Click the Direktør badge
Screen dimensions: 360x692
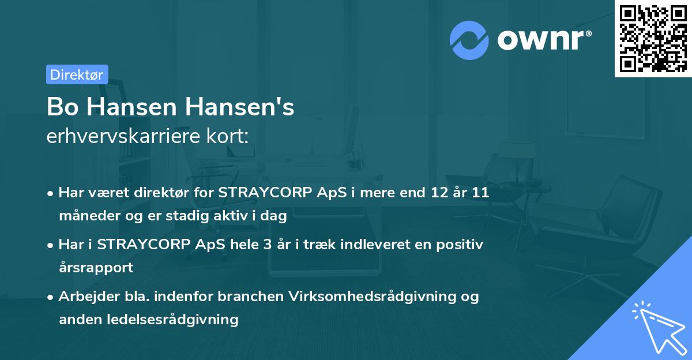pos(77,74)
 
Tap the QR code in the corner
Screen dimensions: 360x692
pos(652,38)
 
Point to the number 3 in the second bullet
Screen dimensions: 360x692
pos(268,244)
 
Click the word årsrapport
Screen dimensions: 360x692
pos(96,268)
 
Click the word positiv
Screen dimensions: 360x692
pos(461,244)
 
